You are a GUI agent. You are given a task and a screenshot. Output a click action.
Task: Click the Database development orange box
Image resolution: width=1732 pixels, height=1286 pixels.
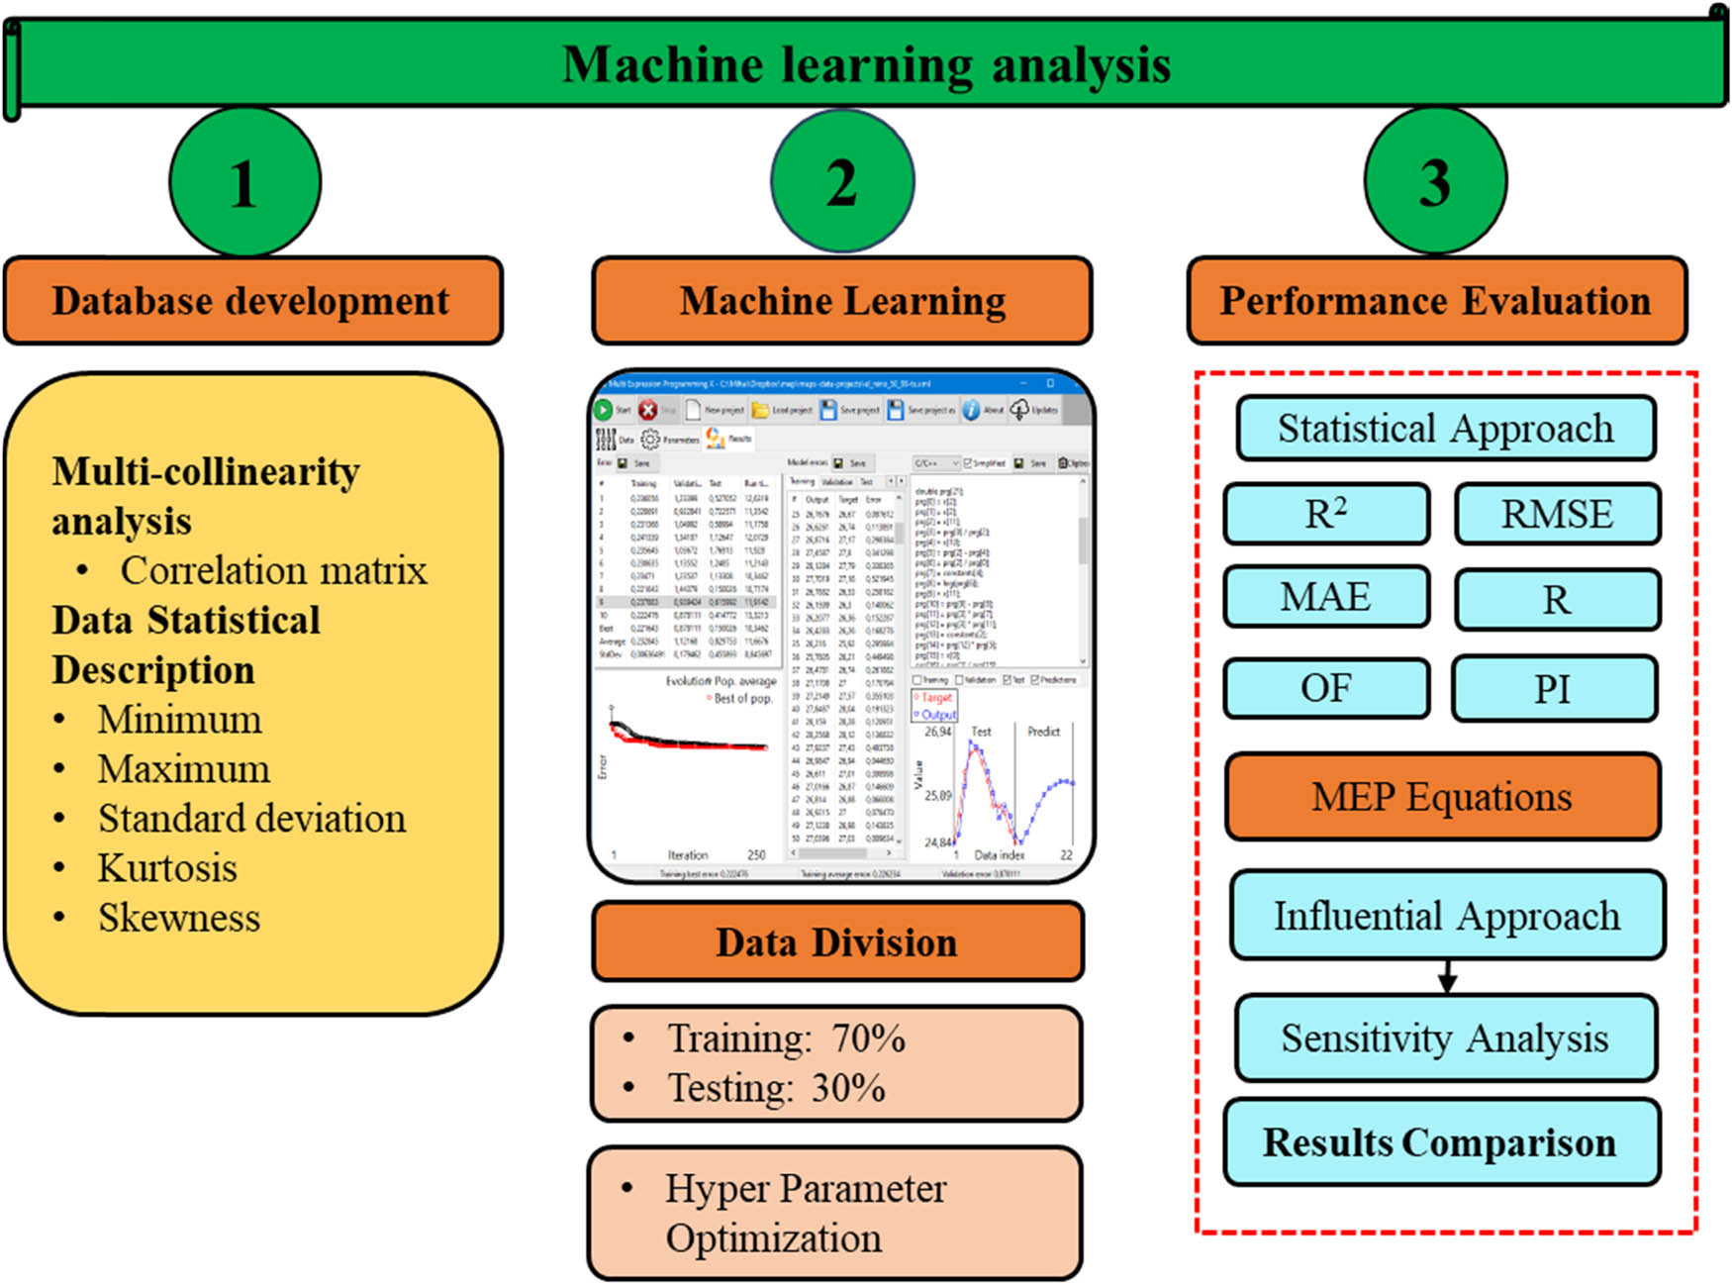(252, 301)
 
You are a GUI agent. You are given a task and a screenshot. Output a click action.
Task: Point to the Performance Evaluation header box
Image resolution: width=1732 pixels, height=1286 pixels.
(1436, 301)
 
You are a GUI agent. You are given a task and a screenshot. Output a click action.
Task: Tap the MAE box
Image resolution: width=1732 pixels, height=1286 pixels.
(1326, 597)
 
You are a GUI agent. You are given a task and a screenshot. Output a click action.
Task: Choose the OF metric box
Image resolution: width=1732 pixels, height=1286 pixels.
(1326, 688)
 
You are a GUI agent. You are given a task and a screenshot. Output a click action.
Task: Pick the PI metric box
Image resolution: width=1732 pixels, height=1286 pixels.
(1553, 688)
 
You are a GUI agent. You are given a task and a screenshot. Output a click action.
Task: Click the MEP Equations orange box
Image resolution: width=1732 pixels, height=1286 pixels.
(1442, 797)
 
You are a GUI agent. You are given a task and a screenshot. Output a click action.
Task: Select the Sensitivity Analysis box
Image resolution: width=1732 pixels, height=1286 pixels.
(1445, 1039)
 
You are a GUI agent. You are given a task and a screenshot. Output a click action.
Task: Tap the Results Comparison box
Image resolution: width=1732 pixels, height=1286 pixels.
(1441, 1142)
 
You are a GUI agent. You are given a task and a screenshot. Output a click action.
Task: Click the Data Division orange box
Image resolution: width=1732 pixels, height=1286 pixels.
(837, 942)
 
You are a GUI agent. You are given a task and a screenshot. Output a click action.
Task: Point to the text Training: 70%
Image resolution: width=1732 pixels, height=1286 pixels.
(786, 1039)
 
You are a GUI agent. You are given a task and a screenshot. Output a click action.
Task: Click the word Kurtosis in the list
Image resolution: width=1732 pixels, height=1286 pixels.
(167, 868)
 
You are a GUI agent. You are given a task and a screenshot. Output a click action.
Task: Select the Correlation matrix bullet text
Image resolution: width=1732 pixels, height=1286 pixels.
(273, 570)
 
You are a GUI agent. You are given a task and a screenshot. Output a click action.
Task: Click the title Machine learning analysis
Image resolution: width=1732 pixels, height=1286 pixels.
(866, 65)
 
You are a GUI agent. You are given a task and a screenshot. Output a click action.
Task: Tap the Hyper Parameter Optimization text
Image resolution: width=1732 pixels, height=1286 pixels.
(805, 1213)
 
